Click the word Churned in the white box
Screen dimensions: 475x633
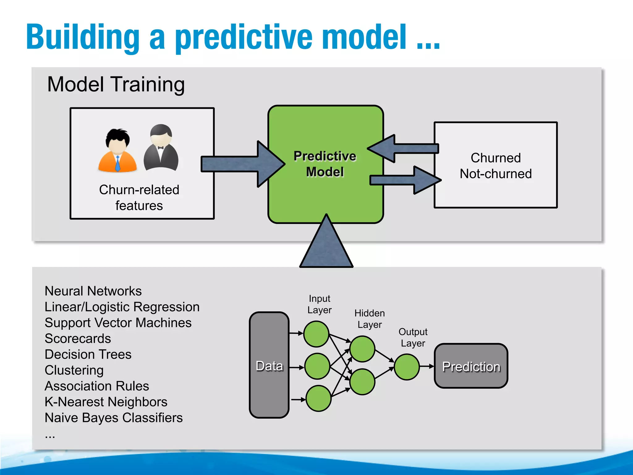pos(495,158)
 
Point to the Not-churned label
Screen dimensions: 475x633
pos(495,174)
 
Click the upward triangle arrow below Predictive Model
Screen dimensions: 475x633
pos(326,247)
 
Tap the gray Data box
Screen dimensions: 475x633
pos(269,365)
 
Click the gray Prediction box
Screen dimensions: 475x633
pos(471,366)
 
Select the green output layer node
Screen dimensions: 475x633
pos(407,367)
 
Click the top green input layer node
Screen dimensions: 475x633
pos(316,334)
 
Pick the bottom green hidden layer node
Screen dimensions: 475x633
pos(362,382)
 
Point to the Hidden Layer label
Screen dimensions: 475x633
pos(369,319)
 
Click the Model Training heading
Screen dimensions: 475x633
pos(116,84)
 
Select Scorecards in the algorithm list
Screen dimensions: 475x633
pos(78,339)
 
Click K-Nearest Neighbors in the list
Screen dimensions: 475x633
pos(106,402)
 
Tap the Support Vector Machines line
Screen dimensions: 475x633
pos(118,323)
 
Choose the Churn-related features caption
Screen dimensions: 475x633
pos(139,198)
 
